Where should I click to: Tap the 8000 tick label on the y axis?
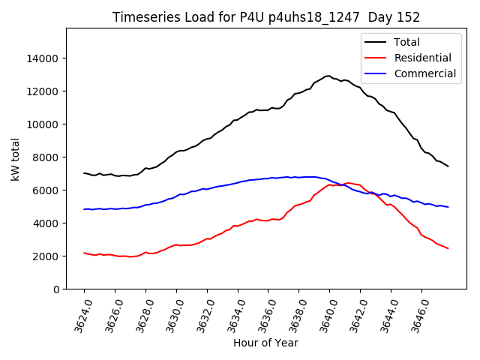(46, 157)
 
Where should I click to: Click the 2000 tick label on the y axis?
(46, 256)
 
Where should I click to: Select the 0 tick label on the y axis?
(56, 289)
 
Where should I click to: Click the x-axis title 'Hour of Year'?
(265, 343)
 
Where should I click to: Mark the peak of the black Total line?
(328, 76)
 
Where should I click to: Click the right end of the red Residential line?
(448, 248)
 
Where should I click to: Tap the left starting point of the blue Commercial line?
(84, 209)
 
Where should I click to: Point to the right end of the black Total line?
(448, 166)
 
